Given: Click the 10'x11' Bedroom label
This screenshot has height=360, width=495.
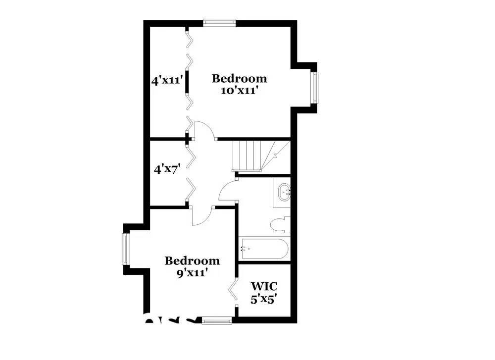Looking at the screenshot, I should [x=240, y=84].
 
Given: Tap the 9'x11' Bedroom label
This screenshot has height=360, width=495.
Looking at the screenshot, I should [x=192, y=266].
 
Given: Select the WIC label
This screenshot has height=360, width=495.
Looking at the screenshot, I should [x=264, y=286].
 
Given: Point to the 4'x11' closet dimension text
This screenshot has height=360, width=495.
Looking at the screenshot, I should [x=168, y=79].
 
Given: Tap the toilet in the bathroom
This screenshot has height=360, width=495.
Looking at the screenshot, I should [x=280, y=224].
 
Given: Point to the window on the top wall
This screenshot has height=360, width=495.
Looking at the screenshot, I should [x=219, y=22].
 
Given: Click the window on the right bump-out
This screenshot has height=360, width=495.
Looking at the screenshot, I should [x=314, y=88].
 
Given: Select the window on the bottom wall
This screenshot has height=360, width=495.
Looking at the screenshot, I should [x=217, y=321].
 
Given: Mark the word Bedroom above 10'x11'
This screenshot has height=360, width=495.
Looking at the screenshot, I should [x=240, y=78].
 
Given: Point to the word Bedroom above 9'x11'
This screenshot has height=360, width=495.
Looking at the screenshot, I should [x=192, y=260].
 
